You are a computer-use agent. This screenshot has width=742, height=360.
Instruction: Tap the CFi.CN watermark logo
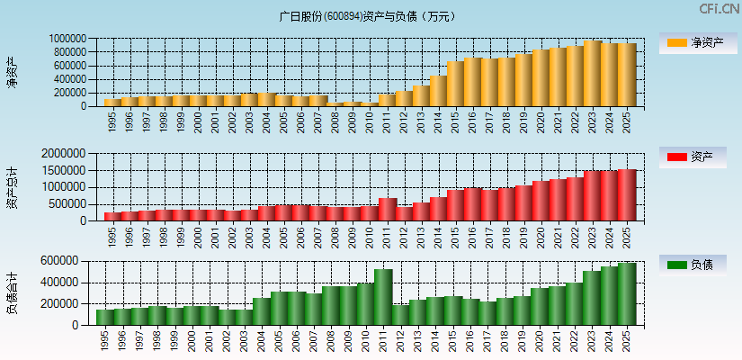(720, 9)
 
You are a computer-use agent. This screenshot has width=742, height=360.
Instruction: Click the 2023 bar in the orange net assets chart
(592, 74)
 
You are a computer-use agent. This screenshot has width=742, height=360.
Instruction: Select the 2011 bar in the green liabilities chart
(383, 297)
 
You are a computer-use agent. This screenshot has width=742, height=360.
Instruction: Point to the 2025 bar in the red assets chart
(627, 195)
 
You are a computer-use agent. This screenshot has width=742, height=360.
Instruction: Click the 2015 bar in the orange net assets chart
(455, 84)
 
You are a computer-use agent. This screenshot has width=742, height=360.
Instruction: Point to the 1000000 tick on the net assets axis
(68, 39)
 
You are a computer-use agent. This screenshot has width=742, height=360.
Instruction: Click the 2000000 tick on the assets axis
(68, 154)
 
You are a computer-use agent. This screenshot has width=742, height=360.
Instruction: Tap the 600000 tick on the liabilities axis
(72, 261)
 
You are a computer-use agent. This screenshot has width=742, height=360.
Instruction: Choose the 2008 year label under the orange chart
(335, 121)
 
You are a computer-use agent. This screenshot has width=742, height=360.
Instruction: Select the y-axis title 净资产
(13, 72)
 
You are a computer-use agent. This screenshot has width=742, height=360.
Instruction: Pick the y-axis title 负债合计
(13, 292)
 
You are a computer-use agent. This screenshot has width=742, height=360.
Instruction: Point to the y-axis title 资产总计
(13, 187)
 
